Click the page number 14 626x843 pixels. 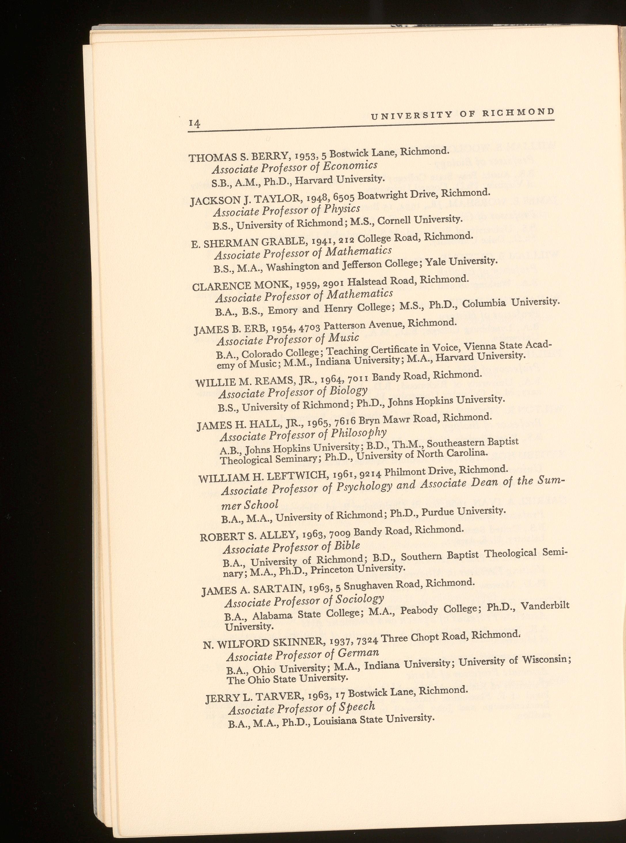(194, 124)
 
